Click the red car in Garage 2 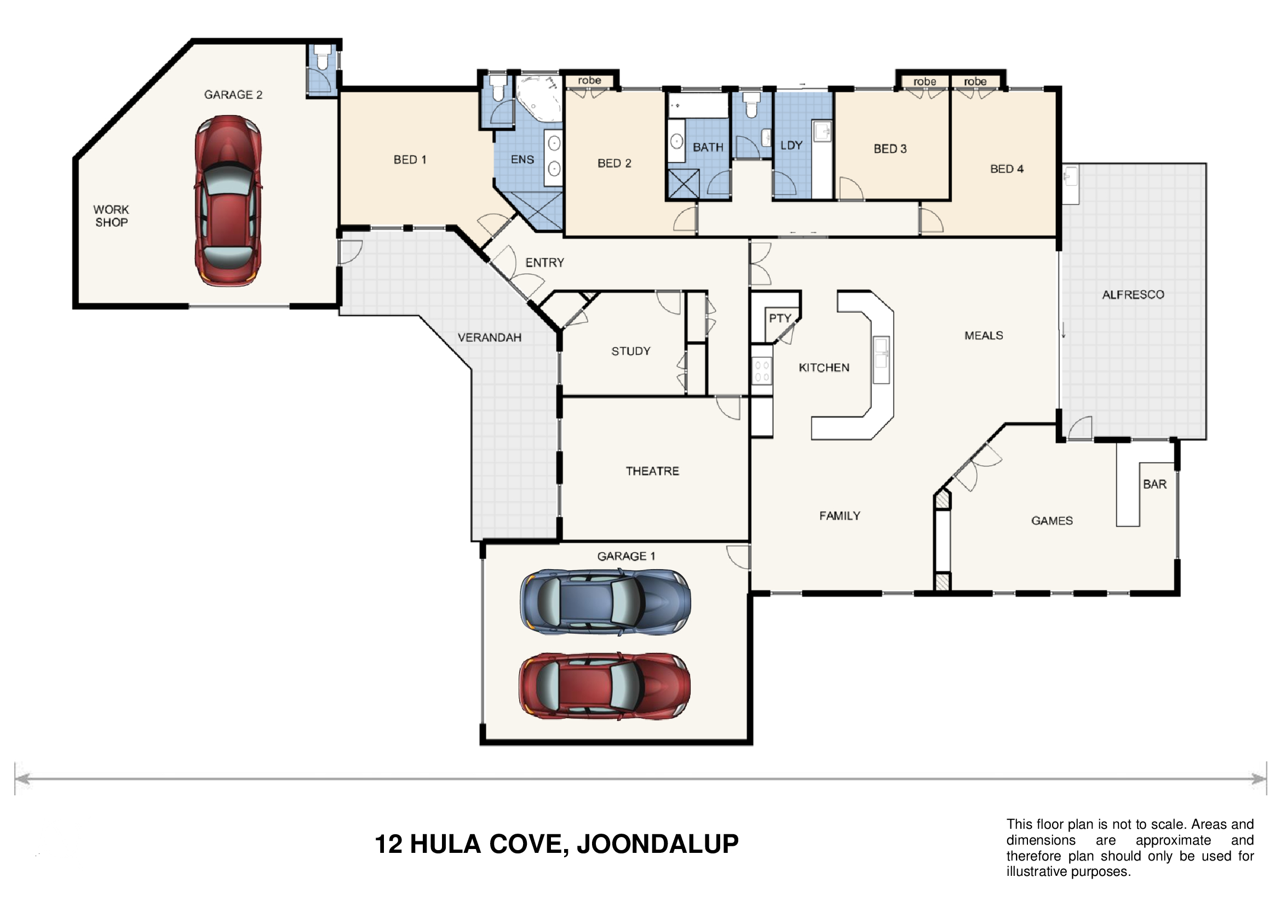pyautogui.click(x=228, y=201)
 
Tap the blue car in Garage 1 pyautogui.click(x=605, y=603)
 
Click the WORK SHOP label pyautogui.click(x=111, y=216)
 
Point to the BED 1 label pyautogui.click(x=410, y=159)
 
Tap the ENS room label pyautogui.click(x=522, y=159)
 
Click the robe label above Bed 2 pyautogui.click(x=589, y=81)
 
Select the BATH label pyautogui.click(x=708, y=147)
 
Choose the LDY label pyautogui.click(x=791, y=146)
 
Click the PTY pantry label pyautogui.click(x=780, y=318)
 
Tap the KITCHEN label pyautogui.click(x=824, y=368)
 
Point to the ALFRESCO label pyautogui.click(x=1133, y=295)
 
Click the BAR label pyautogui.click(x=1155, y=484)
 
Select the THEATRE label pyautogui.click(x=652, y=472)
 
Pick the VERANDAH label pyautogui.click(x=489, y=337)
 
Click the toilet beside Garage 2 pyautogui.click(x=322, y=58)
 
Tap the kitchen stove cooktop pyautogui.click(x=762, y=370)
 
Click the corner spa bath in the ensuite pyautogui.click(x=538, y=98)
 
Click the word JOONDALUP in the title pyautogui.click(x=658, y=844)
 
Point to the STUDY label pyautogui.click(x=631, y=352)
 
